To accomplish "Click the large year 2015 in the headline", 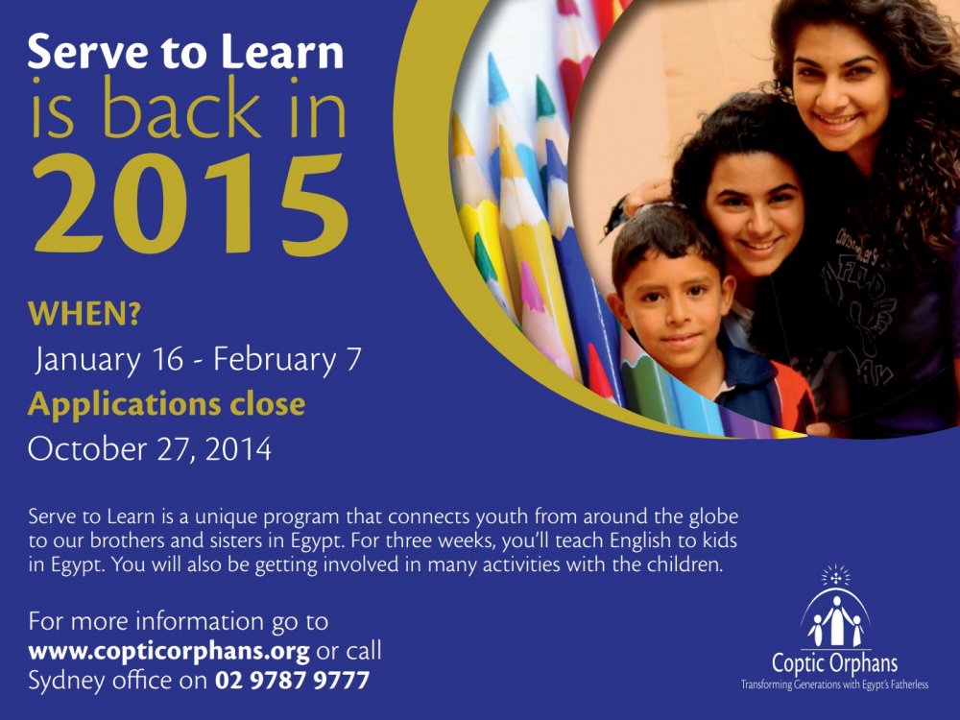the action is point(191,204).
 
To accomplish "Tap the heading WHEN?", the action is point(84,314).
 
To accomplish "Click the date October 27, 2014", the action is point(150,448).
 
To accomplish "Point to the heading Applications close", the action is point(166,405).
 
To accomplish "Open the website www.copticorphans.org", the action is point(169,652).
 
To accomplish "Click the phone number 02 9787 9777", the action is point(292,681).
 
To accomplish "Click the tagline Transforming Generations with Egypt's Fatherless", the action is point(834,684).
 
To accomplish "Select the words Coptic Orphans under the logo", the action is point(834,663).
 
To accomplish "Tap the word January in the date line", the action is point(87,359).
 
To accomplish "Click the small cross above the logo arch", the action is point(836,577).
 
